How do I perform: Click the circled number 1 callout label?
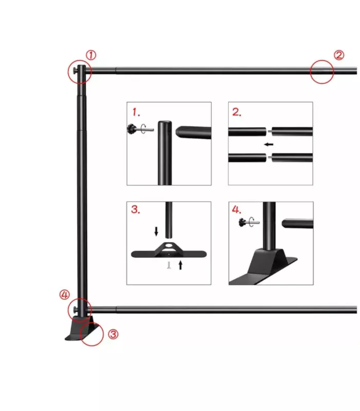coord(91,55)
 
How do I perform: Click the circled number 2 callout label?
coord(339,55)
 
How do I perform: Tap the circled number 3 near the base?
coord(113,334)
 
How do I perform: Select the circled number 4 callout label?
coord(65,295)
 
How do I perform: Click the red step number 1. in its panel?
coord(136,112)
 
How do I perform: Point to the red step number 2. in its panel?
coord(237,112)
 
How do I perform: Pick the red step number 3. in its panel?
coord(136,209)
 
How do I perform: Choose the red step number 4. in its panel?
coord(236,210)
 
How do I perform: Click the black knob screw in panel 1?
coord(131,129)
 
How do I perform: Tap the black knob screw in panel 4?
coord(242,223)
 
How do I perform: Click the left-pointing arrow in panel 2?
coord(269,144)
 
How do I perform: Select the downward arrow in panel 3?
coord(157,231)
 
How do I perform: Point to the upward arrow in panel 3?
coord(180,265)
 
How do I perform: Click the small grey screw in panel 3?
coord(169,265)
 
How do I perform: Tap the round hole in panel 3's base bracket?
coord(169,246)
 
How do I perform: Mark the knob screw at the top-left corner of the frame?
coord(75,71)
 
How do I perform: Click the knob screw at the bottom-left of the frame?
coord(75,310)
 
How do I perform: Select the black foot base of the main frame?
coord(80,328)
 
